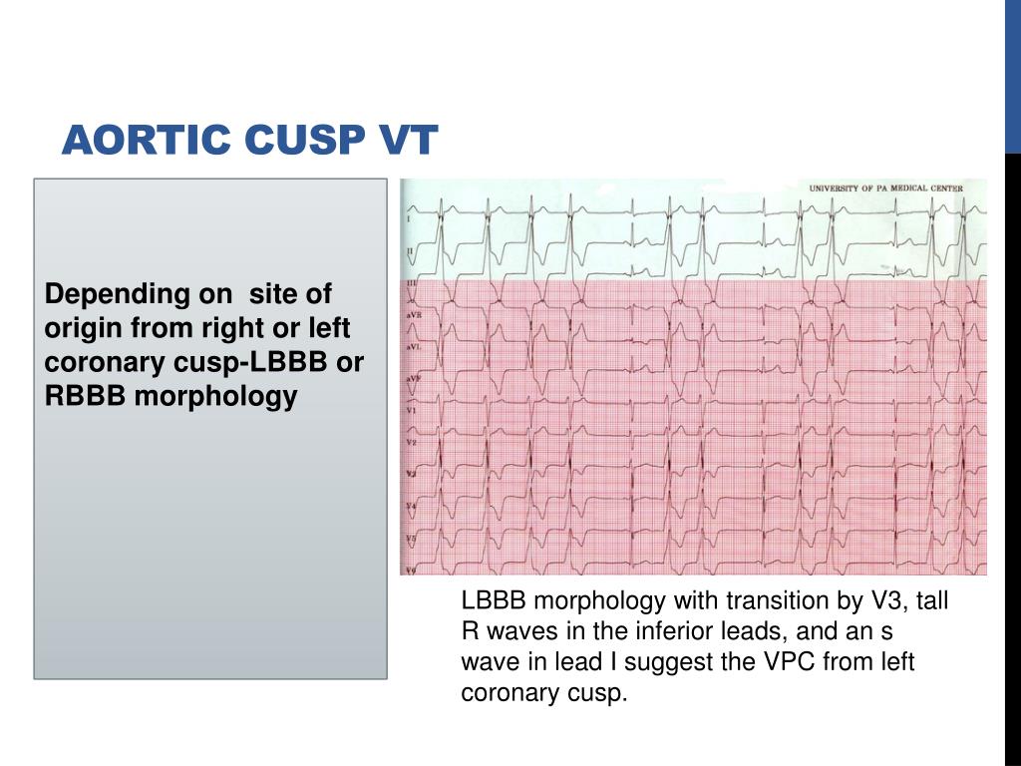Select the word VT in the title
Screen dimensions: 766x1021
point(406,141)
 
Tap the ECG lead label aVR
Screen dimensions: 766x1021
point(411,315)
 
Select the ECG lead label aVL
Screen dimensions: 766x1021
point(411,346)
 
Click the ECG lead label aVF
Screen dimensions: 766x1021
point(411,379)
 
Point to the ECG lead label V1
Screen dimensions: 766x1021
point(410,410)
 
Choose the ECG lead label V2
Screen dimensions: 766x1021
point(410,442)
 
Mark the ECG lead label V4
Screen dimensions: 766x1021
point(410,507)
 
